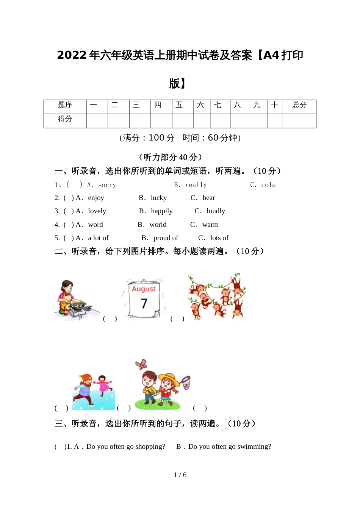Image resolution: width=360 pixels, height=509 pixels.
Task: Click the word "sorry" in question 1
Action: (107, 185)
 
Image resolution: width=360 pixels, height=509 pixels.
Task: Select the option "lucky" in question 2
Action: (158, 198)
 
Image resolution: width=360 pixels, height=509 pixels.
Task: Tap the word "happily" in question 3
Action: (161, 211)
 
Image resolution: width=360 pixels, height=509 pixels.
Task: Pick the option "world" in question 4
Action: (158, 225)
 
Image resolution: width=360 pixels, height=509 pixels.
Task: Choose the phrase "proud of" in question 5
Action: (166, 238)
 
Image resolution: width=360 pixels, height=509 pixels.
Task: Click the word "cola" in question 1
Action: (268, 185)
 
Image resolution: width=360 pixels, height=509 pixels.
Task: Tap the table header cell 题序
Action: (65, 105)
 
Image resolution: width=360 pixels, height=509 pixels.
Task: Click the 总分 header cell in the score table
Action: (299, 105)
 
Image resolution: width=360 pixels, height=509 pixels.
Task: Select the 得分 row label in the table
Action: (65, 119)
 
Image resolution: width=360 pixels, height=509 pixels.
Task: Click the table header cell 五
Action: (179, 105)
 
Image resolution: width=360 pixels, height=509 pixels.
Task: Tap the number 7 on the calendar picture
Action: (144, 303)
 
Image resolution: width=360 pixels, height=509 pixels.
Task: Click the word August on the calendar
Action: (144, 289)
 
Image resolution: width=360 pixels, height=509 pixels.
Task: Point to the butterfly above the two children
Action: (141, 364)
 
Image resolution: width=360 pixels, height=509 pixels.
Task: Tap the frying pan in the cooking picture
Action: (78, 304)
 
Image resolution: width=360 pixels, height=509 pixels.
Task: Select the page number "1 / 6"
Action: (180, 475)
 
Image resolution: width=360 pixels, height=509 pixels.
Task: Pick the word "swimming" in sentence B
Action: (255, 447)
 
